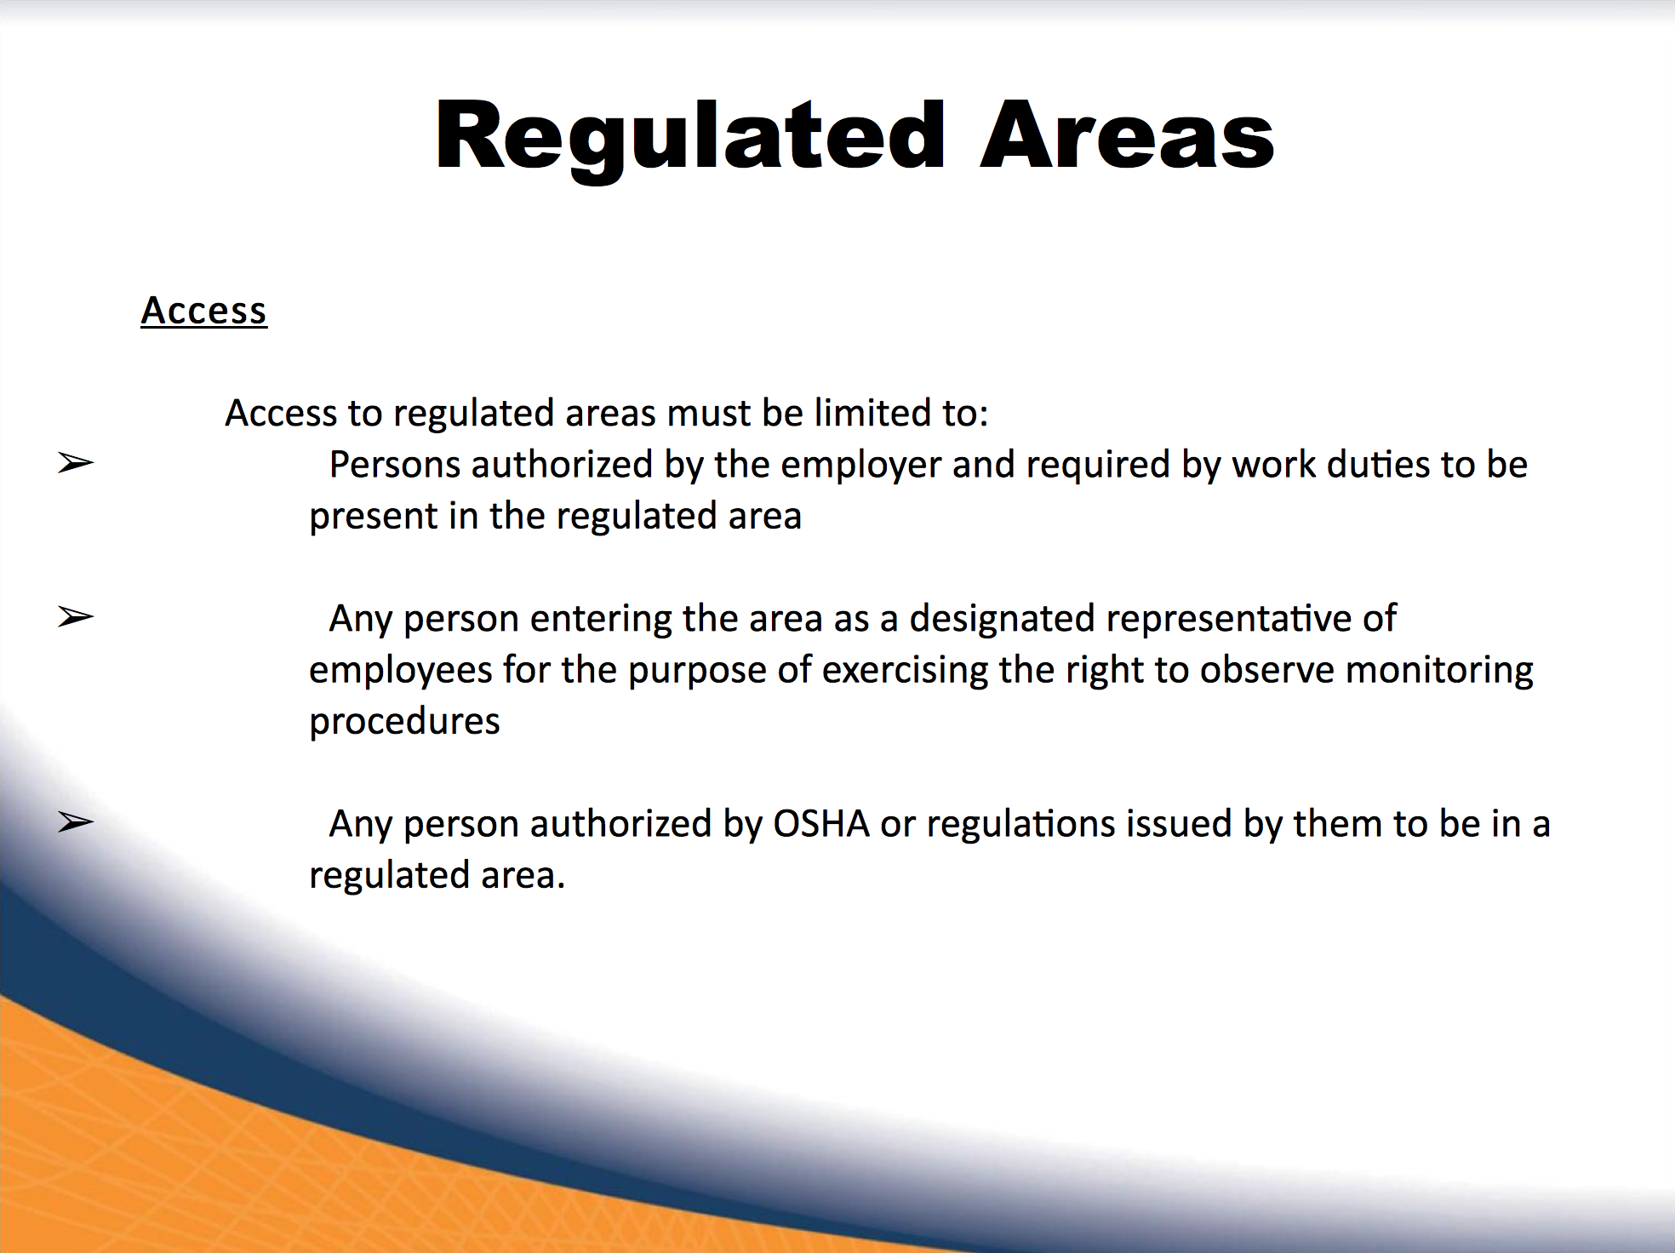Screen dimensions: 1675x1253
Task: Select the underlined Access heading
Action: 204,311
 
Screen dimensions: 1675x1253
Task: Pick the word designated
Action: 1002,618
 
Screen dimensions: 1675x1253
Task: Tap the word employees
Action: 400,672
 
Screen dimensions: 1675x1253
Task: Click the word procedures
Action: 404,723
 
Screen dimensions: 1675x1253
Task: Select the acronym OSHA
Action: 820,824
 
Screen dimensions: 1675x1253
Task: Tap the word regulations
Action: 1020,825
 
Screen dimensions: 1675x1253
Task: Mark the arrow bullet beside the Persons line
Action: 76,463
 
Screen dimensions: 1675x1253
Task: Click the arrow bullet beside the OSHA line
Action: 76,822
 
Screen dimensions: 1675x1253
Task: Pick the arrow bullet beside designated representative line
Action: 76,616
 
